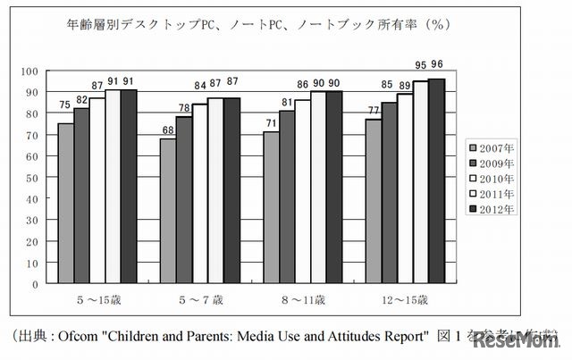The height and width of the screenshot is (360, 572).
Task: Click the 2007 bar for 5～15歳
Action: click(66, 203)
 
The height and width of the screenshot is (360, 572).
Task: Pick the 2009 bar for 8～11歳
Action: click(287, 197)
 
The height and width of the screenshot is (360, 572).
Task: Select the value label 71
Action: click(271, 123)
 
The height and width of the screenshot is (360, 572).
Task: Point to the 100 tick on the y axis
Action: click(31, 71)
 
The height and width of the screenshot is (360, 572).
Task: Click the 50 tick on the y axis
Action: click(34, 177)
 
